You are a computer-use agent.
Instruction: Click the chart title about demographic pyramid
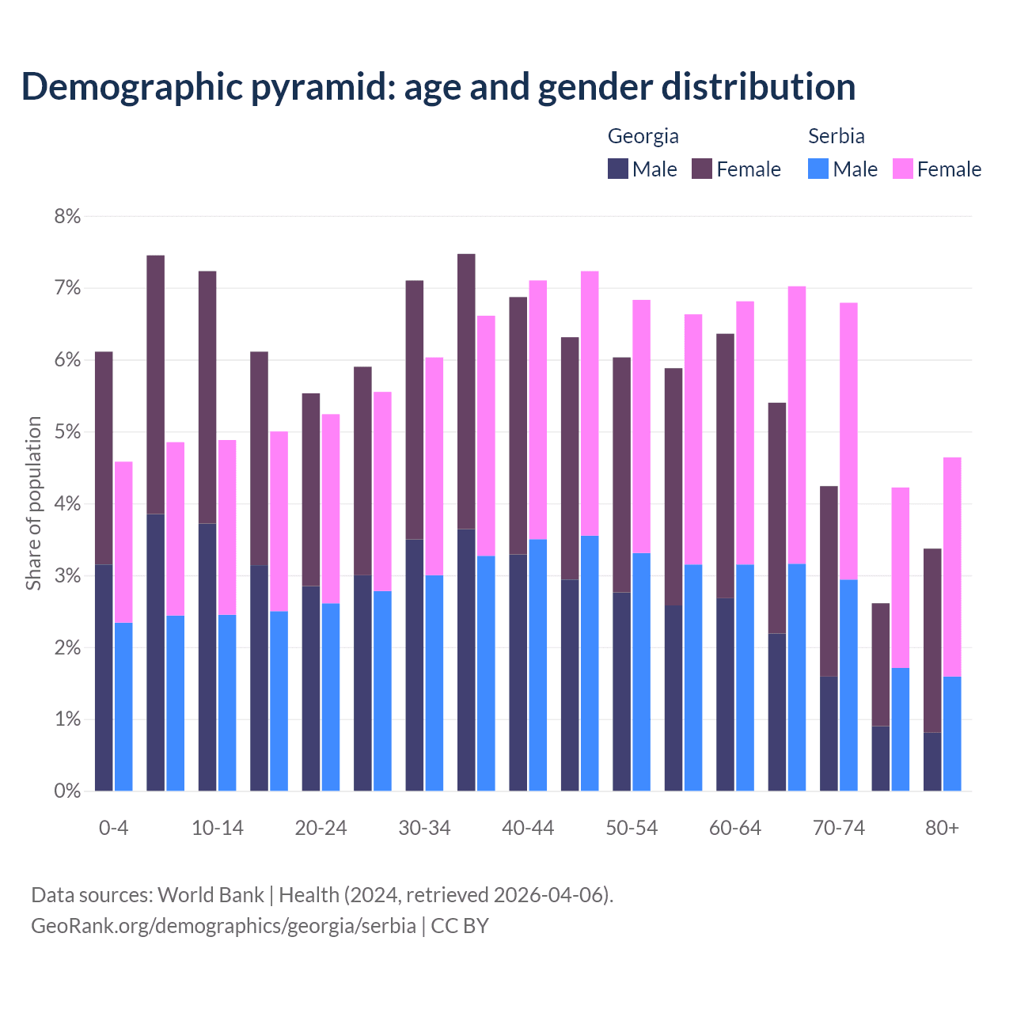[x=438, y=87]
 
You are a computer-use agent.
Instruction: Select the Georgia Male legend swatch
[x=618, y=169]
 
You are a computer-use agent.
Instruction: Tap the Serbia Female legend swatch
[x=902, y=169]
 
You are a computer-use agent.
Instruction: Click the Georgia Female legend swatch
[x=702, y=169]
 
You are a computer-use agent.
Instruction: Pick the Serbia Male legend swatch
[x=818, y=169]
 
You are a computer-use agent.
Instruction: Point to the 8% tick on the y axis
[x=67, y=217]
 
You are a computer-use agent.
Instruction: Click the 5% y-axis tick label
[x=67, y=432]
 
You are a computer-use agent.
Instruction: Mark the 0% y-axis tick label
[x=67, y=791]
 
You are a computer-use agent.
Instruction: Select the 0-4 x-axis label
[x=113, y=829]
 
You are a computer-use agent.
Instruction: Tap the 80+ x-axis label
[x=942, y=829]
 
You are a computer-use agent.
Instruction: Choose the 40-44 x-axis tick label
[x=528, y=829]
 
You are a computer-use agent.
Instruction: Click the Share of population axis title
[x=33, y=503]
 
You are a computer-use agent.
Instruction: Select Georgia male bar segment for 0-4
[x=104, y=677]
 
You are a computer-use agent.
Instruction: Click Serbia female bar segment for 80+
[x=952, y=567]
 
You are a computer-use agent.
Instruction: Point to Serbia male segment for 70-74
[x=848, y=685]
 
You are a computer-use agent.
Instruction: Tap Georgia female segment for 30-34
[x=414, y=410]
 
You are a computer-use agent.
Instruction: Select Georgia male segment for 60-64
[x=725, y=694]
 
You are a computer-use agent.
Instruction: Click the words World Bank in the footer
[x=211, y=895]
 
